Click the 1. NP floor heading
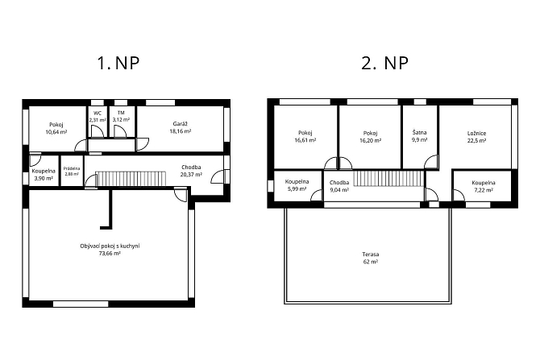point(118,63)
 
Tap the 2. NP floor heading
point(385,63)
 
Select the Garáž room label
point(180,124)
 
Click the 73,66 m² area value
point(110,254)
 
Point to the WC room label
point(98,113)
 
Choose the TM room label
point(121,113)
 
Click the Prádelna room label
point(72,168)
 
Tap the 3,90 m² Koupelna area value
point(44,178)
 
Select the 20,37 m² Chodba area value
point(191,175)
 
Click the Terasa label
point(371,254)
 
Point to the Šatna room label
point(419,133)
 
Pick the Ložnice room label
point(476,133)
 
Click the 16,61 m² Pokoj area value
point(305,140)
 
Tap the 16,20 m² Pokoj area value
point(370,141)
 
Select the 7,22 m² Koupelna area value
point(484,190)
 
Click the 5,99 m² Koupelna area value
point(297,189)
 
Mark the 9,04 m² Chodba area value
point(339,189)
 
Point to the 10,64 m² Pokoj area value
point(56,132)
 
